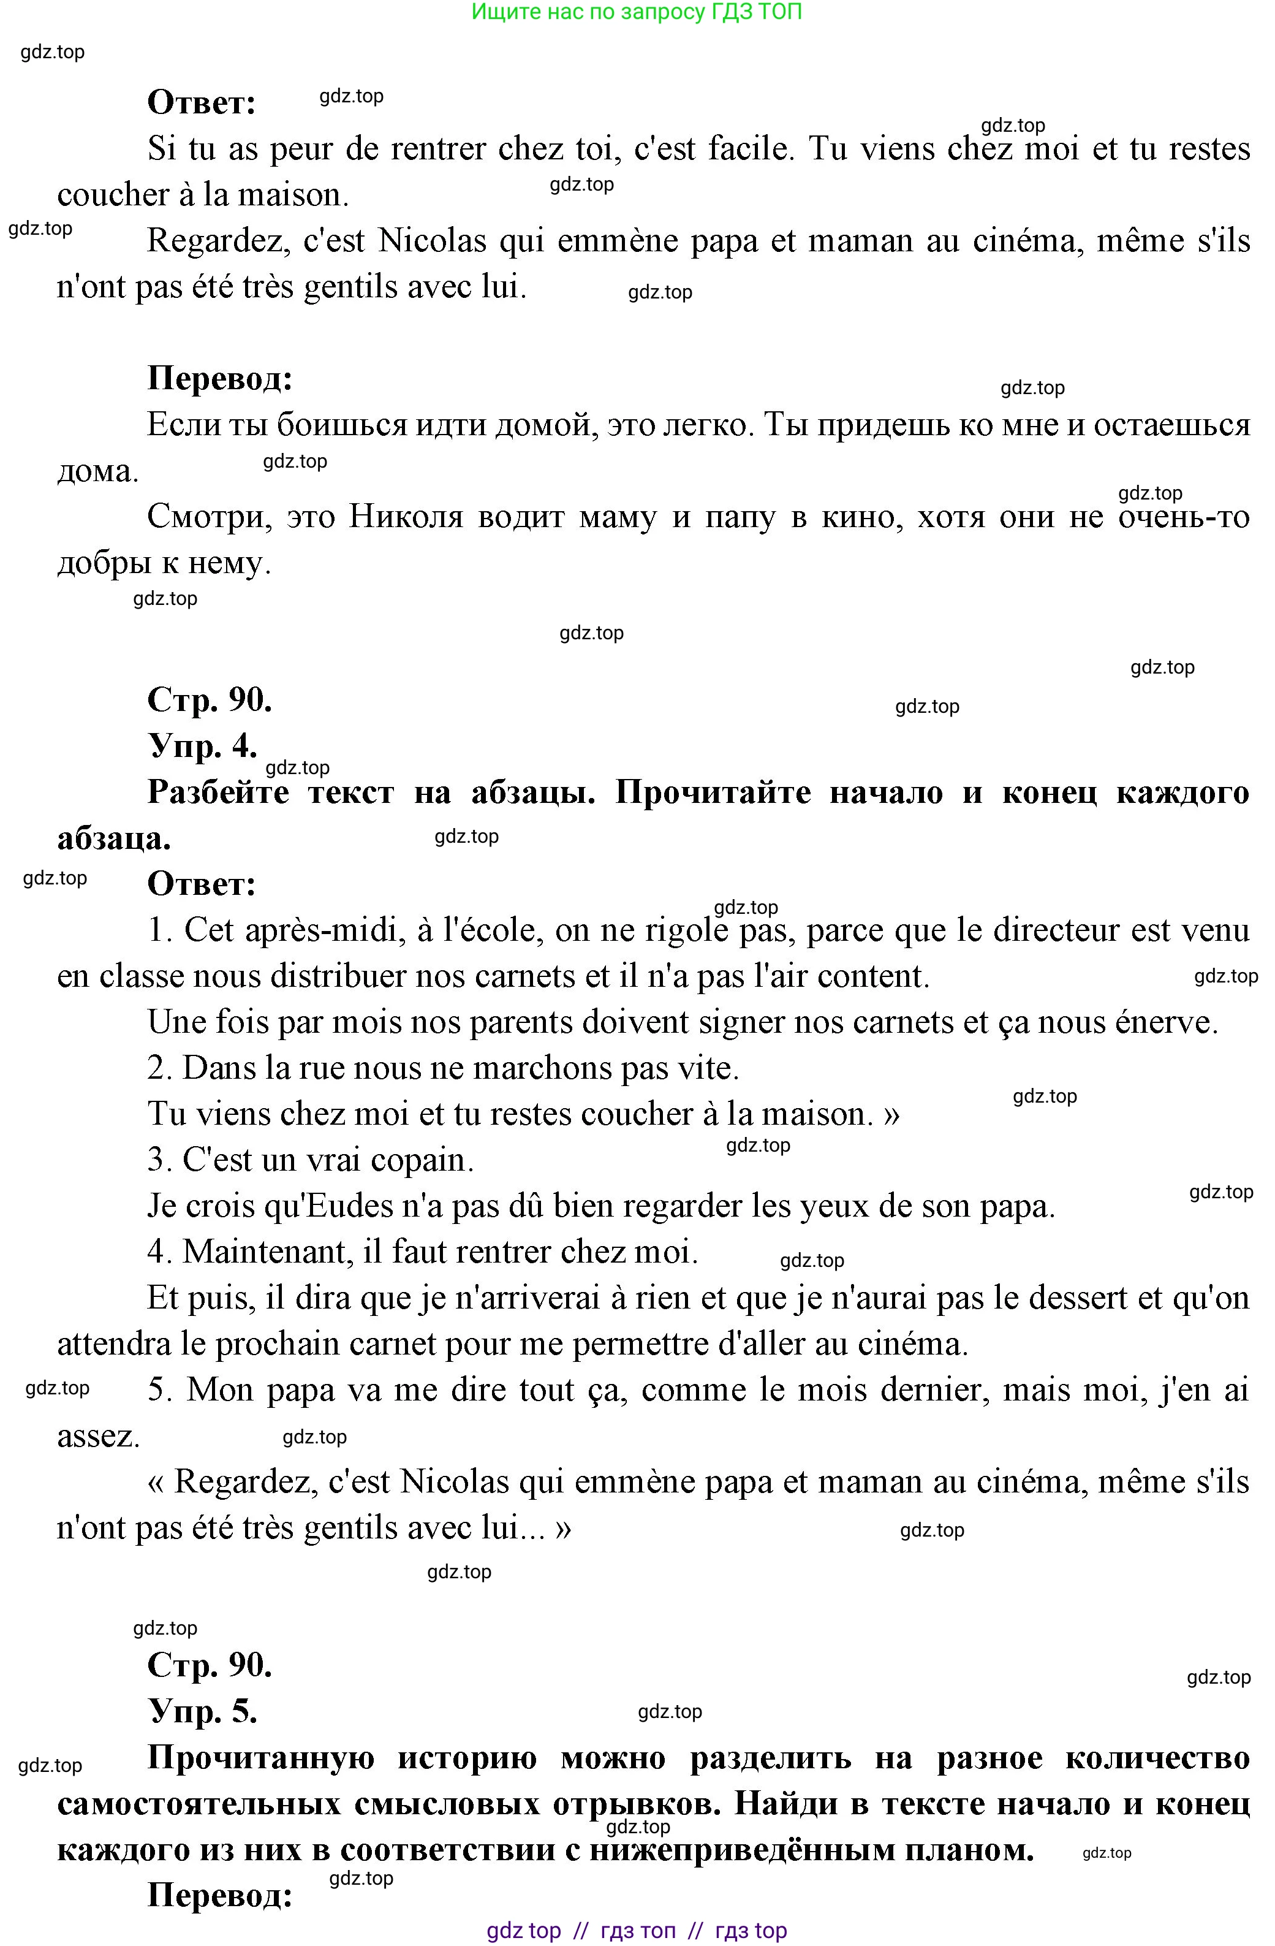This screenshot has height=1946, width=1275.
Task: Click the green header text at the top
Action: [637, 12]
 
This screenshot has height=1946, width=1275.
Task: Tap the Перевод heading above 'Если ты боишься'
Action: [220, 379]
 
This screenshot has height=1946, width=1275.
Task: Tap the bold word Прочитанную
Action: [260, 1757]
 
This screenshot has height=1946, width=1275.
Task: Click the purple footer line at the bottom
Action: [637, 1931]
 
